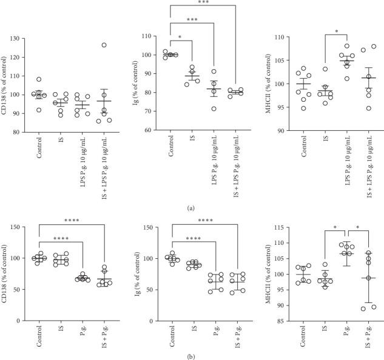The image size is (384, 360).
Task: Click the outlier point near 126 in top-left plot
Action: pyautogui.click(x=87, y=45)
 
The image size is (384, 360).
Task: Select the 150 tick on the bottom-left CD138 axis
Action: pyautogui.click(x=19, y=227)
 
